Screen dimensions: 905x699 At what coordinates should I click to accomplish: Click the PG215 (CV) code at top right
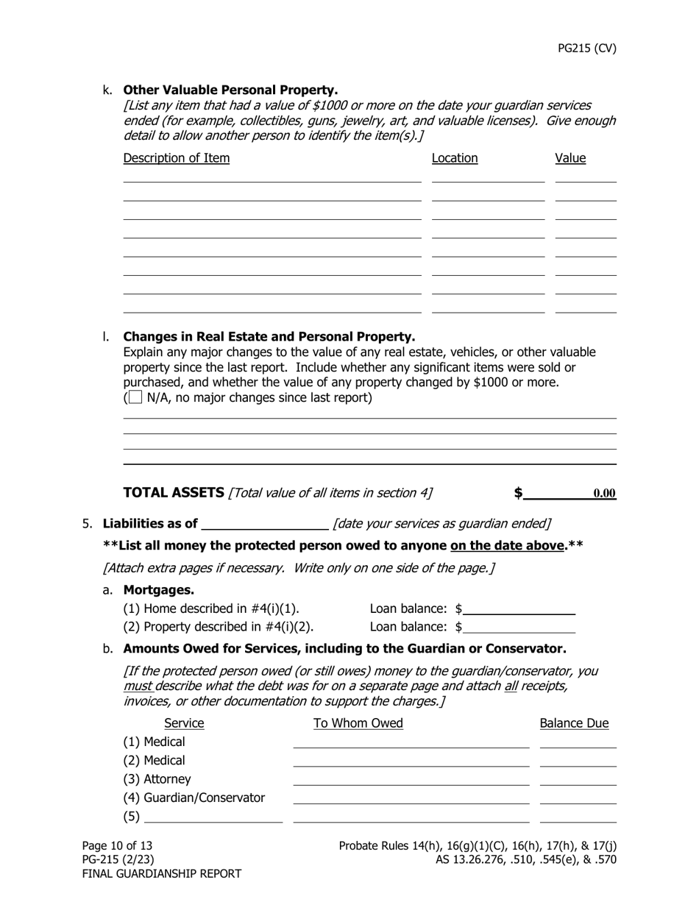coord(586,49)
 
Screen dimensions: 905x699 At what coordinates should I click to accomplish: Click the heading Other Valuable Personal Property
coord(230,90)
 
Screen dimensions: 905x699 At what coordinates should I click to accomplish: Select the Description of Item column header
coord(176,158)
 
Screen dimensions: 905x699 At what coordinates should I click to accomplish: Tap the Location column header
coord(454,158)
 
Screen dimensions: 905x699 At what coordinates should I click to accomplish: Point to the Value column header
coord(570,158)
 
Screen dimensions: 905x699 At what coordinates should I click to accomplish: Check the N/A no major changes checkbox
coord(135,398)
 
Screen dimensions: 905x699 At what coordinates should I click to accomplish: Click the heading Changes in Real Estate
coord(269,337)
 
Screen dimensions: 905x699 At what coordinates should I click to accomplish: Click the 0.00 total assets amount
coord(604,494)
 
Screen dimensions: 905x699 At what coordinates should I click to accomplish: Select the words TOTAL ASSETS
coord(174,493)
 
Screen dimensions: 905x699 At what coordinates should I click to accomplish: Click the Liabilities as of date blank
coord(264,523)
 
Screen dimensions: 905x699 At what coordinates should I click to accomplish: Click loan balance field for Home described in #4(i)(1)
coord(519,608)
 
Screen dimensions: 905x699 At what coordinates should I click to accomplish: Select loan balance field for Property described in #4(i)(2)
coord(519,627)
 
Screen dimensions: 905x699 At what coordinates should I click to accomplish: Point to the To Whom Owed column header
coord(358,723)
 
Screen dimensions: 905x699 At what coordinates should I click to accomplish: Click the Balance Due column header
coord(574,723)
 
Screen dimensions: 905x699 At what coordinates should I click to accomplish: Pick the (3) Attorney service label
coord(157,779)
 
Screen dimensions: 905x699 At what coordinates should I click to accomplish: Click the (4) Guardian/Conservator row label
coord(194,798)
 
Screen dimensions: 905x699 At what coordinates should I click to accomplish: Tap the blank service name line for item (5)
coord(213,816)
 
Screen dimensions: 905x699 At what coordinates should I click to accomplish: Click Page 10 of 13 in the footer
coord(117,845)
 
